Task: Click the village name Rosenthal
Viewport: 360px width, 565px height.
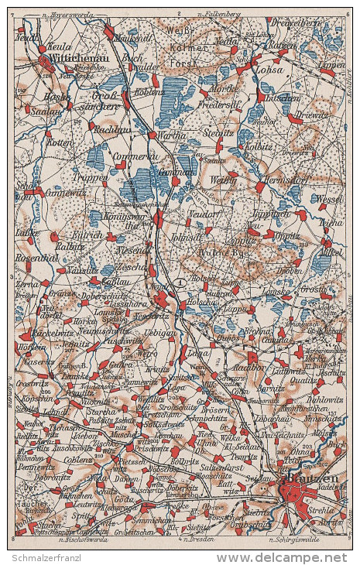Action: [33, 258]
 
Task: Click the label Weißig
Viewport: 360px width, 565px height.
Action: [223, 180]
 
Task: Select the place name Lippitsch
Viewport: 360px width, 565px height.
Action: [272, 212]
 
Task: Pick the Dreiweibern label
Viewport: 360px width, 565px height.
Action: [304, 23]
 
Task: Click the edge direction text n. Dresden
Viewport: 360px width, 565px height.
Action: [194, 537]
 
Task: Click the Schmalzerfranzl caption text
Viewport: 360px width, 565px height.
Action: [48, 557]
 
